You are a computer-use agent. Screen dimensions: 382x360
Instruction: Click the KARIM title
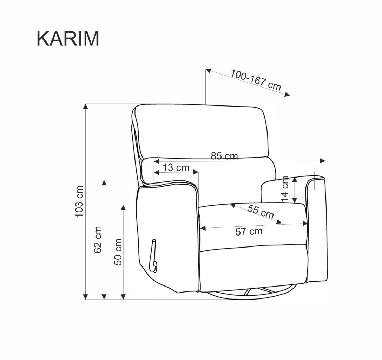(x=68, y=39)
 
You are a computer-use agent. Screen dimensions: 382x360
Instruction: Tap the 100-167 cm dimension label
(x=256, y=80)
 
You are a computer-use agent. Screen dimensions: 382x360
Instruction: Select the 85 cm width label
(x=224, y=156)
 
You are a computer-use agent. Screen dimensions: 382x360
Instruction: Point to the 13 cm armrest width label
(x=176, y=168)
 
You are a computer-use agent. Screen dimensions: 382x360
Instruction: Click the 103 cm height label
(x=79, y=201)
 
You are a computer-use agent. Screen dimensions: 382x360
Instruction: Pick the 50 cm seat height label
(x=118, y=252)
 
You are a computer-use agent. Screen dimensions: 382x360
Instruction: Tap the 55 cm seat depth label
(x=261, y=211)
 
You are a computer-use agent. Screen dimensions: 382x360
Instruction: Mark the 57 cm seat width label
(x=249, y=231)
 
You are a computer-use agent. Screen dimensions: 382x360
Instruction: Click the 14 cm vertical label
(x=285, y=189)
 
